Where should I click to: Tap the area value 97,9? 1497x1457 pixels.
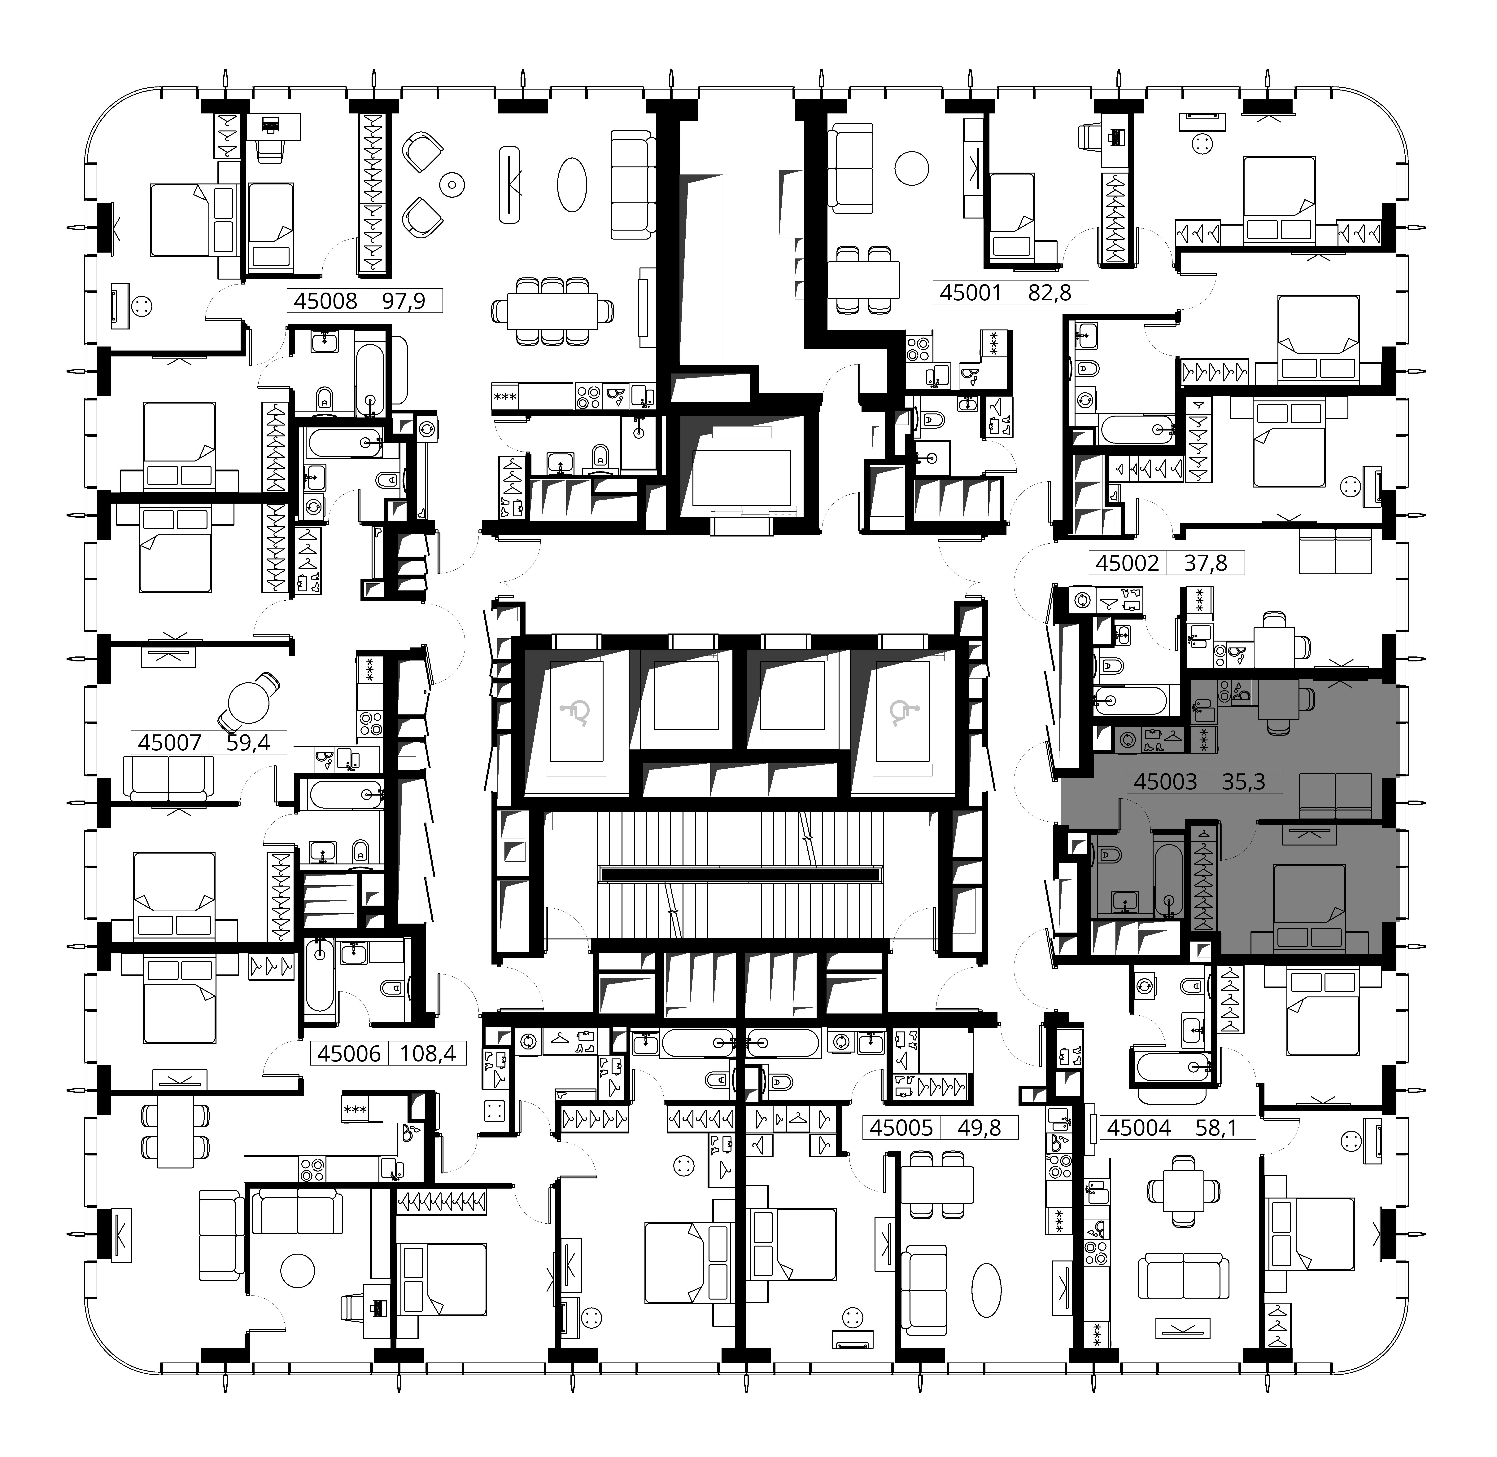pos(403,301)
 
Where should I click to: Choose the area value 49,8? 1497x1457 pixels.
pos(978,1127)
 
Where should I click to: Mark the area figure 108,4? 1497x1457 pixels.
pos(428,1054)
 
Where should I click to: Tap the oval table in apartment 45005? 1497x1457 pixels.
pos(986,1289)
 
